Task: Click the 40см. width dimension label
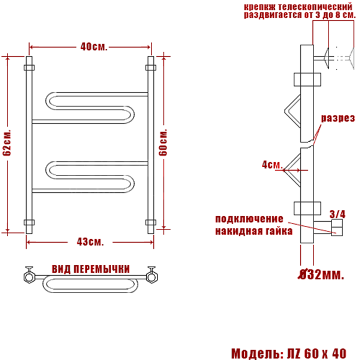pos(93,47)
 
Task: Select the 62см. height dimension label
pos(7,143)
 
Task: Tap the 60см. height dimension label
pos(163,142)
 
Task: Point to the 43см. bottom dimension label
pos(90,242)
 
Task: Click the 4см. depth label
pos(272,165)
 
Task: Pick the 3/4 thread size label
pos(337,214)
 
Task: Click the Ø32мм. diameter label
pos(321,275)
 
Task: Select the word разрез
pos(338,118)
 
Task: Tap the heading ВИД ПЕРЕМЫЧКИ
pos(91,269)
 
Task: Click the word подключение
pos(249,219)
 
